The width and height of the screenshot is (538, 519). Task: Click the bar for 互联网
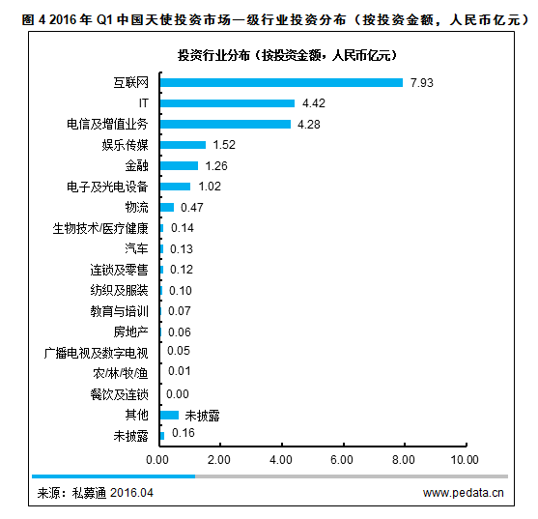pyautogui.click(x=280, y=82)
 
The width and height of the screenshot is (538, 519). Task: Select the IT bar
pyautogui.click(x=226, y=103)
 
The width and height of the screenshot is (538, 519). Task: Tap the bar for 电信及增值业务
pyautogui.click(x=224, y=124)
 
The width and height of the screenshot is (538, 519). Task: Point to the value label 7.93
pyautogui.click(x=421, y=82)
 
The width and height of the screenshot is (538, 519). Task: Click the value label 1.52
pyautogui.click(x=224, y=145)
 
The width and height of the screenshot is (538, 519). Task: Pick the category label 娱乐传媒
pyautogui.click(x=125, y=145)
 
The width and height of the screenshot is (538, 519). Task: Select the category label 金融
pyautogui.click(x=136, y=166)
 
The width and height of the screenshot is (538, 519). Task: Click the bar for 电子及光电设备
pyautogui.click(x=175, y=187)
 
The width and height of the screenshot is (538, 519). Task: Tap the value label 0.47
pyautogui.click(x=192, y=208)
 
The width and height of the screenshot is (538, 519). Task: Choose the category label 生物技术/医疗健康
pyautogui.click(x=100, y=229)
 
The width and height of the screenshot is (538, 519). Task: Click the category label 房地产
pyautogui.click(x=130, y=332)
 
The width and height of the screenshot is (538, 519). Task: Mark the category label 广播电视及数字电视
pyautogui.click(x=97, y=352)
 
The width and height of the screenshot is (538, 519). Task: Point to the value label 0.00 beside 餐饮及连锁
pyautogui.click(x=178, y=394)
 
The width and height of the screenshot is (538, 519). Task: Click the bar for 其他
pyautogui.click(x=169, y=415)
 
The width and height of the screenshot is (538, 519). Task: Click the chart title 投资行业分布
pyautogui.click(x=286, y=56)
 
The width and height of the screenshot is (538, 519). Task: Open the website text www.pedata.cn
pyautogui.click(x=463, y=493)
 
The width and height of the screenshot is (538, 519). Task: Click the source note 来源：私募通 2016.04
pyautogui.click(x=95, y=493)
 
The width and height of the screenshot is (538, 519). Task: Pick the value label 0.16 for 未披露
pyautogui.click(x=183, y=436)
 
